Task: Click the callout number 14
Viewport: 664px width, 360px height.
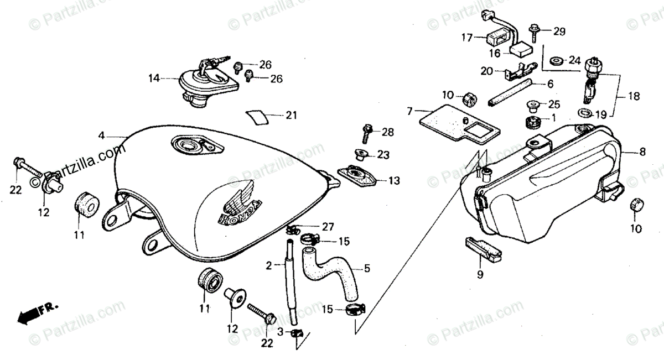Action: click(x=153, y=79)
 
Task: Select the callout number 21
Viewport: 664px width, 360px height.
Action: click(x=291, y=116)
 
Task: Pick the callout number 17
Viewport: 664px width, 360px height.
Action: click(x=467, y=38)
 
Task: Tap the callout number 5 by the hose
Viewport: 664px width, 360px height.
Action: click(x=366, y=269)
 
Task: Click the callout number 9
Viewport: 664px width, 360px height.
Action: click(x=480, y=274)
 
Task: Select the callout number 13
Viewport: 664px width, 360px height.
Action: click(x=393, y=181)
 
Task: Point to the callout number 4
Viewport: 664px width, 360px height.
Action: click(x=102, y=135)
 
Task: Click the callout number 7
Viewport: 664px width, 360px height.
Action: click(x=409, y=112)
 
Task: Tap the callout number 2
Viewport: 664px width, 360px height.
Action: click(x=268, y=265)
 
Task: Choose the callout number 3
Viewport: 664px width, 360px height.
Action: click(x=280, y=332)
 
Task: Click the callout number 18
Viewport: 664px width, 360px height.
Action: click(x=634, y=96)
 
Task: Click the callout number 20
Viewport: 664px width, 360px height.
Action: click(x=487, y=71)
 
